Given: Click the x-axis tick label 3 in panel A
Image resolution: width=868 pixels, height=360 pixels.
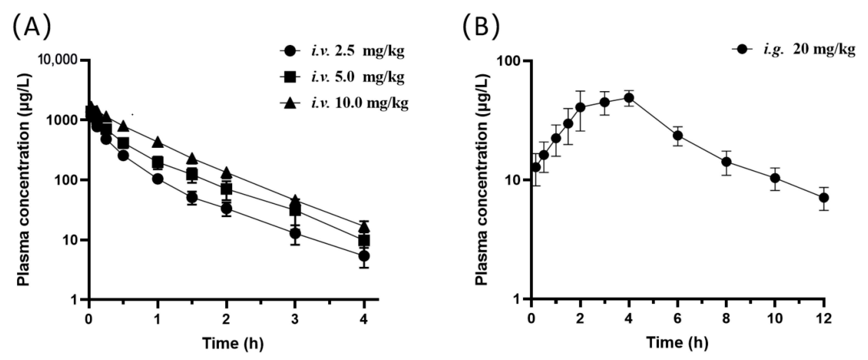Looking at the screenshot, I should point(295,319).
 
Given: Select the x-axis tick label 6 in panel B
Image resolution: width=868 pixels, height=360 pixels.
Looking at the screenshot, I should point(678,319).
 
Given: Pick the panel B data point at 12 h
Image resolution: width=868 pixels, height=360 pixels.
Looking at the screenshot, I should point(824,198).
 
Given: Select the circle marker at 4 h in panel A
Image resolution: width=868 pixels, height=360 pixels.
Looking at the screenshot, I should point(364,256).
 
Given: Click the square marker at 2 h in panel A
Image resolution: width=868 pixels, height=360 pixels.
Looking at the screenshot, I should point(226,189).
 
